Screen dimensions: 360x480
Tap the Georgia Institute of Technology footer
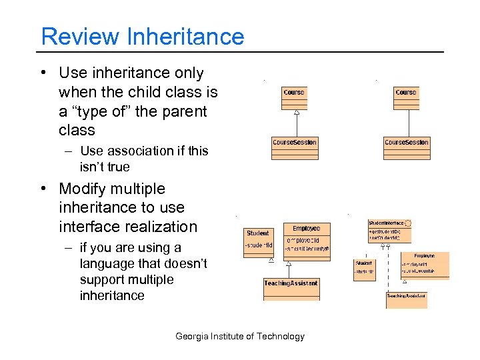tap(240, 336)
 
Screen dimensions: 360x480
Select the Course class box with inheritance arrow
tap(294, 97)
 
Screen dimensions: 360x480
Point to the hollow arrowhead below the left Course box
tap(297, 113)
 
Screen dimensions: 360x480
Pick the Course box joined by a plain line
tap(405, 97)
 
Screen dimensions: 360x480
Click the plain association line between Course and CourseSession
tap(406, 123)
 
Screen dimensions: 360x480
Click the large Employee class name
tap(306, 229)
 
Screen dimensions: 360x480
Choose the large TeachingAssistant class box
tap(291, 288)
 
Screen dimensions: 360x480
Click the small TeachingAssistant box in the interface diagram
tap(406, 299)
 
